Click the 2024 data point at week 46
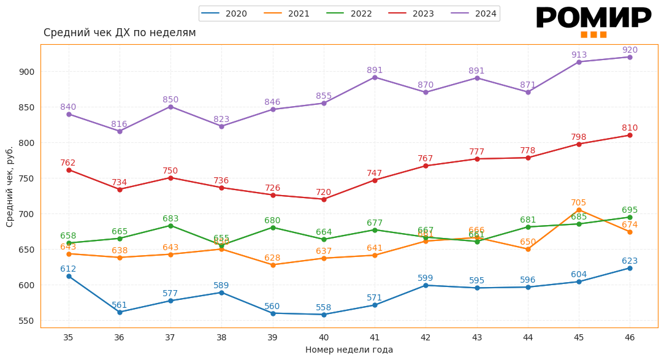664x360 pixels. [630, 57]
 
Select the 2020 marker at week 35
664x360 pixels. [69, 276]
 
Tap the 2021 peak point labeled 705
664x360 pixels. [579, 210]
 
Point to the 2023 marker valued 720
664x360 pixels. [324, 199]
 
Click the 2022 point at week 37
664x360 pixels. [170, 226]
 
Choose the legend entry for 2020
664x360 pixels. [224, 13]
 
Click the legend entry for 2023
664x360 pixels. [411, 13]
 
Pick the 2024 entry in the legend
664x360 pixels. [474, 13]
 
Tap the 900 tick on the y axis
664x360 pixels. [27, 72]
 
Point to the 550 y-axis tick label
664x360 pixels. [27, 321]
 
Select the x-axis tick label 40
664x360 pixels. [324, 337]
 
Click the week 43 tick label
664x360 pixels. [476, 337]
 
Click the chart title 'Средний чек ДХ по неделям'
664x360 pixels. [120, 33]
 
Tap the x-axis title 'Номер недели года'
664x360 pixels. [349, 350]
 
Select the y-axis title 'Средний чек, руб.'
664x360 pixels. [10, 186]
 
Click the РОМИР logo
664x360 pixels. [593, 20]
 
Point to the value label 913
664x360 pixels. [579, 55]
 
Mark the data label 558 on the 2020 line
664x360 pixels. [324, 308]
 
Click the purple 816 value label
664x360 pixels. [120, 124]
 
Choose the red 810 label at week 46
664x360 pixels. [630, 128]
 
